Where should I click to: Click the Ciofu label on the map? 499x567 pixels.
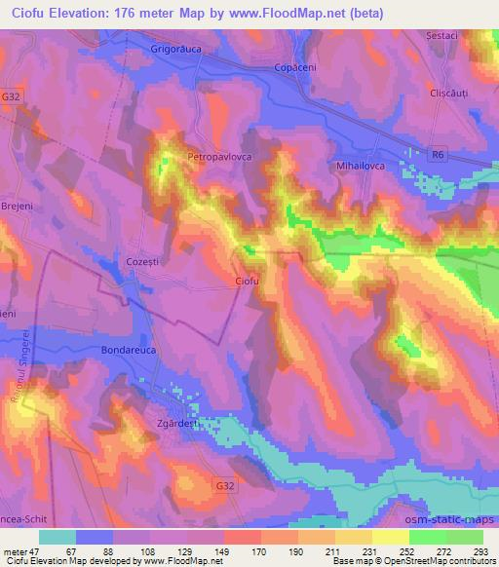point(249,282)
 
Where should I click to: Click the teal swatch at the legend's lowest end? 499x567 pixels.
point(58,537)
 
